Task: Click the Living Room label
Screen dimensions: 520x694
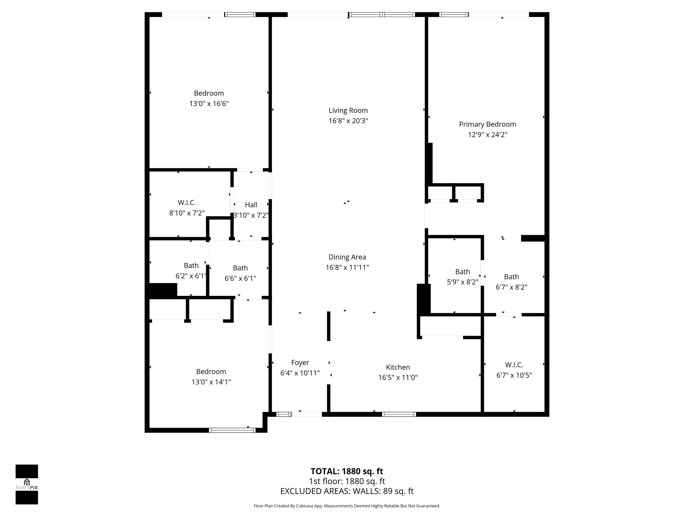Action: (348, 110)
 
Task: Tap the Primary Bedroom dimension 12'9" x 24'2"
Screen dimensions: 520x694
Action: (487, 135)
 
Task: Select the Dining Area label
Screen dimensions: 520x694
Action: (347, 257)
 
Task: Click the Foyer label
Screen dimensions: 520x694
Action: (300, 363)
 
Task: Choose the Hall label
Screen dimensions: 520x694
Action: (251, 205)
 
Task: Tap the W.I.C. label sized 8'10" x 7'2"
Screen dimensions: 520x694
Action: (187, 203)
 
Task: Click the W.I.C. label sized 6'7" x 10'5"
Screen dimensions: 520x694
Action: (514, 365)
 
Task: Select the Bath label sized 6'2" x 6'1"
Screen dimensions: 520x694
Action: (191, 266)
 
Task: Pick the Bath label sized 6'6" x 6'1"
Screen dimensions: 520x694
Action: (240, 268)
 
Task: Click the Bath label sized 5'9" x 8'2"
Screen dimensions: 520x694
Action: (462, 272)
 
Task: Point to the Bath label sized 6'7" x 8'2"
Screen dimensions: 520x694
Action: (511, 277)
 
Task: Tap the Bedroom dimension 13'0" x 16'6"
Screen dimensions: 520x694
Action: (209, 104)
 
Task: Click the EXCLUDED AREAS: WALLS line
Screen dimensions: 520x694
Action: (347, 491)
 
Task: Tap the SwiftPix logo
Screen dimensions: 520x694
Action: (27, 484)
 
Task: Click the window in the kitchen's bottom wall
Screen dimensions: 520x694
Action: (399, 414)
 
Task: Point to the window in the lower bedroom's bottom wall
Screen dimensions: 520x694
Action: (232, 430)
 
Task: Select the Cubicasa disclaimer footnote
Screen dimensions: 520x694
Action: (347, 506)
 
